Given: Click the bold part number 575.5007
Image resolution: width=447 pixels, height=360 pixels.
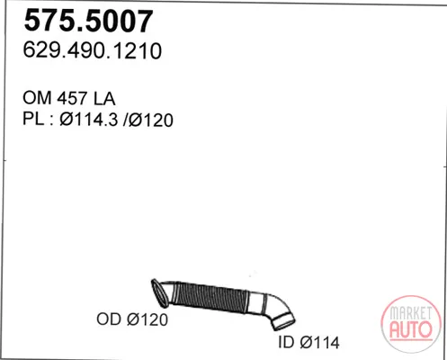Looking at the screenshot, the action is pyautogui.click(x=88, y=21).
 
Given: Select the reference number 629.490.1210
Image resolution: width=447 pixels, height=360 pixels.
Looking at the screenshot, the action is pyautogui.click(x=93, y=50).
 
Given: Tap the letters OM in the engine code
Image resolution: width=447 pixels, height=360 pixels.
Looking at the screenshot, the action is pyautogui.click(x=37, y=98).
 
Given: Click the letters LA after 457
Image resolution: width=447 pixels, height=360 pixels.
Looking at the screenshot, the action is pyautogui.click(x=104, y=98).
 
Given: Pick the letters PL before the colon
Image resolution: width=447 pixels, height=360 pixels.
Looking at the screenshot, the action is pyautogui.click(x=33, y=120).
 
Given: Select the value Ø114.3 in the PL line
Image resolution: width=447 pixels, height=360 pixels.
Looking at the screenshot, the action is pyautogui.click(x=89, y=120).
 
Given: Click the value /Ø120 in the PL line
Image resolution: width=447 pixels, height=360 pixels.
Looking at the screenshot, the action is pyautogui.click(x=148, y=120).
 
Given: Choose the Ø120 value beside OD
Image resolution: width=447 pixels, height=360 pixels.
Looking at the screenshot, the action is pyautogui.click(x=148, y=319).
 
